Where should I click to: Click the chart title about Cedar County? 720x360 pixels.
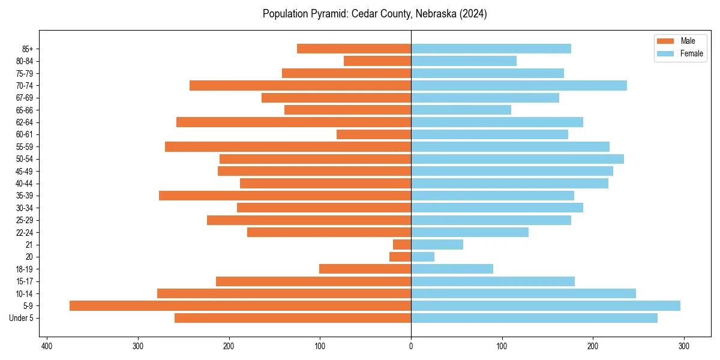(x=374, y=14)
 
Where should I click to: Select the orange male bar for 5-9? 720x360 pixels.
(x=240, y=305)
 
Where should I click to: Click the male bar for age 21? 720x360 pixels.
(x=402, y=244)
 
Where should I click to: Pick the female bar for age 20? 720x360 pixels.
(x=423, y=257)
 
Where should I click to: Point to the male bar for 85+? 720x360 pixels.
(x=354, y=49)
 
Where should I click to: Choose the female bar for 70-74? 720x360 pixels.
(x=519, y=85)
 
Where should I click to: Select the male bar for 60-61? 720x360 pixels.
(x=374, y=134)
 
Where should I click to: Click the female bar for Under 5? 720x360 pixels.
(x=534, y=318)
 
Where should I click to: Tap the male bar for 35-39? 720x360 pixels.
(x=285, y=196)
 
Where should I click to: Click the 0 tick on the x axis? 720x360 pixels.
(x=411, y=346)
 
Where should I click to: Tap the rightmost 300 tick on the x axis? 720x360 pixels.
(x=684, y=346)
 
